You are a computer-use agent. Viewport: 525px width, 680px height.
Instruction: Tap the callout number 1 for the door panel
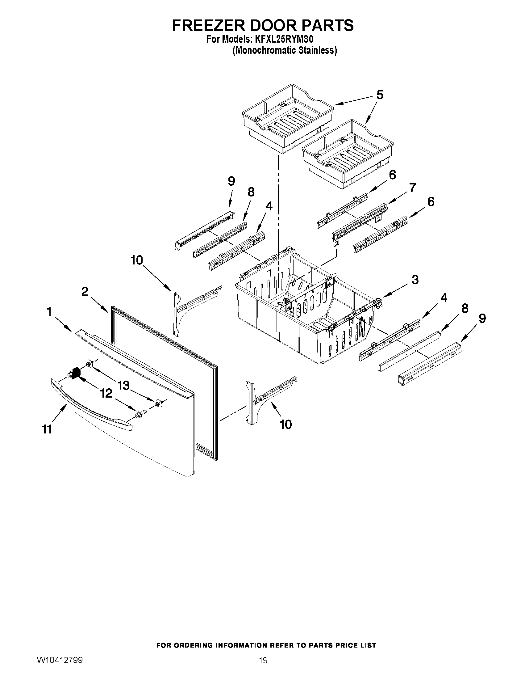pos(49,312)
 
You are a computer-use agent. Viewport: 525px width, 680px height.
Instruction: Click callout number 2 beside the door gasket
pos(85,292)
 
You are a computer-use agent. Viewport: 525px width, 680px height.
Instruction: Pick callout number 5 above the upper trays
pos(380,95)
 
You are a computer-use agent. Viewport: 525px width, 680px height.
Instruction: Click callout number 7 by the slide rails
pos(412,188)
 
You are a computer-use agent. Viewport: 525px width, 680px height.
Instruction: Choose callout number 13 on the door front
pos(123,386)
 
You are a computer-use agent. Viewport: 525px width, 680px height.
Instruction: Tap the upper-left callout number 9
pos(231,181)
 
